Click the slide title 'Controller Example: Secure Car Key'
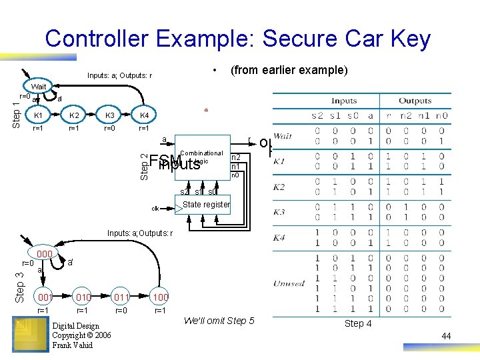point(238,39)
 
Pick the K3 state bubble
point(109,115)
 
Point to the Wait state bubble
point(39,87)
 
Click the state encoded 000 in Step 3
point(45,254)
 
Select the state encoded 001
point(45,297)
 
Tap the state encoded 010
point(83,297)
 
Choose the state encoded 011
point(121,297)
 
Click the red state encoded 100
point(160,297)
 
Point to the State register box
point(206,205)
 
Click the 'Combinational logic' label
point(201,157)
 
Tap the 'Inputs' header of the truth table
point(344,101)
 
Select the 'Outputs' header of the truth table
point(415,101)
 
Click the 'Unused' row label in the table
point(289,283)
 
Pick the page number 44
point(446,336)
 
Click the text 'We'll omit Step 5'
point(219,321)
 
